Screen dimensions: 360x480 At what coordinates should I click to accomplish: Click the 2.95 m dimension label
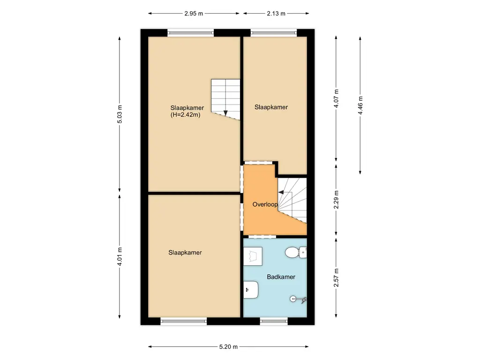point(194,14)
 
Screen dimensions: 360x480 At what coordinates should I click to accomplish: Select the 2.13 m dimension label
point(276,14)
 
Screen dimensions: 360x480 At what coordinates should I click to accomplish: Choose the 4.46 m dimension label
point(360,105)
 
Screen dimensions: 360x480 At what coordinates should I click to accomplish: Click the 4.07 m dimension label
point(336,98)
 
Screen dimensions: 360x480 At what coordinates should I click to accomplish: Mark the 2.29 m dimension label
point(336,199)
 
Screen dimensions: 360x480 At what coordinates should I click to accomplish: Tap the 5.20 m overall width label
point(228,347)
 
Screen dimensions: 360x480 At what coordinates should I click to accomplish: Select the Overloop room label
point(265,204)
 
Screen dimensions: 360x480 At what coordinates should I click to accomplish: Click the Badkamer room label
point(281,277)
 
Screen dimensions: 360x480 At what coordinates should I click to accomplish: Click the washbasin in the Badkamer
point(251,290)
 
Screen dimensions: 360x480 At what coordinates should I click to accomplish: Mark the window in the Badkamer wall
point(274,321)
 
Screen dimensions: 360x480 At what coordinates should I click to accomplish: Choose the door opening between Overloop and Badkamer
point(258,236)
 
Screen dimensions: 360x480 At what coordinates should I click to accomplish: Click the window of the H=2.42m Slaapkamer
point(191,33)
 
